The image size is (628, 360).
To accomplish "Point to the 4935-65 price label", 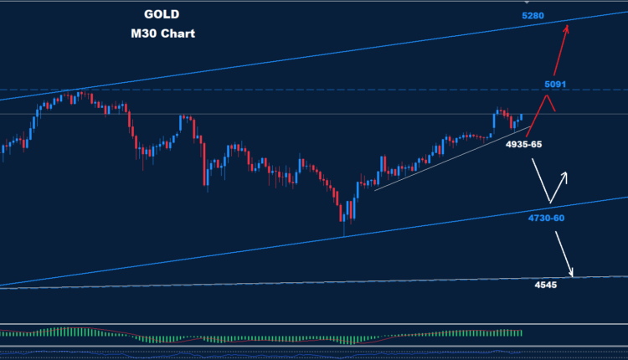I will click(x=524, y=144).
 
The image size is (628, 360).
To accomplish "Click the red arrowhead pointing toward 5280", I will click(x=568, y=28).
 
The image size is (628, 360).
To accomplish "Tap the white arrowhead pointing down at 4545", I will click(x=572, y=273).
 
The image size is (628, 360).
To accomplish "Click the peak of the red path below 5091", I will click(x=547, y=96).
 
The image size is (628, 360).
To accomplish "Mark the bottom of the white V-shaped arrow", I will click(x=549, y=203).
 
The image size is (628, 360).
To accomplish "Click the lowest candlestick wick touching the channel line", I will click(x=343, y=229).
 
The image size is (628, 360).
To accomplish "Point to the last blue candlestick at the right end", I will click(x=521, y=118).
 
